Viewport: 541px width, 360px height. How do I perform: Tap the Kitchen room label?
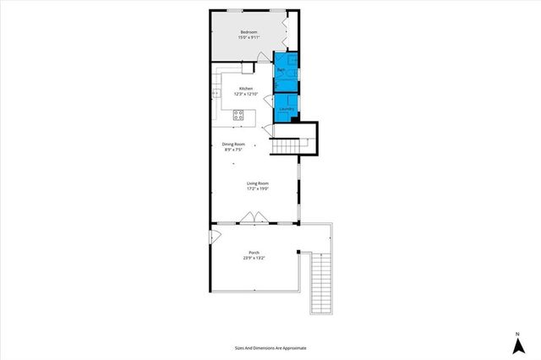point(246,88)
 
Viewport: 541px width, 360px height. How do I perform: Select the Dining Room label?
point(234,144)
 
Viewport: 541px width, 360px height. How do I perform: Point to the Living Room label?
point(257,183)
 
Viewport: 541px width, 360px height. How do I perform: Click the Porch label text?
point(254,252)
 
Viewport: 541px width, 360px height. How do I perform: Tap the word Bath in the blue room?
point(280,68)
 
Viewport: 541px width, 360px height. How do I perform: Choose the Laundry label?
point(285,108)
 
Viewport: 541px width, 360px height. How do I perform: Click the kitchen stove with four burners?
point(238,115)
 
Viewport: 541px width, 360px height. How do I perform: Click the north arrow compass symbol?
point(516,343)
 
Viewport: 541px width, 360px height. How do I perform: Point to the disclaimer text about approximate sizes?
point(270,347)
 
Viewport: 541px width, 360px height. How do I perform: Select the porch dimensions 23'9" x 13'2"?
point(254,258)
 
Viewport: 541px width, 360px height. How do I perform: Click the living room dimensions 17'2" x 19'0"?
point(257,188)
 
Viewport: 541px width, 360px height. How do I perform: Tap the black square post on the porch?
point(298,252)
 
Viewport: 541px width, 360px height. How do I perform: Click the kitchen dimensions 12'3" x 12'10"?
point(246,94)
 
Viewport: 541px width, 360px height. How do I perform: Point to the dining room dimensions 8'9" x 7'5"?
point(234,150)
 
